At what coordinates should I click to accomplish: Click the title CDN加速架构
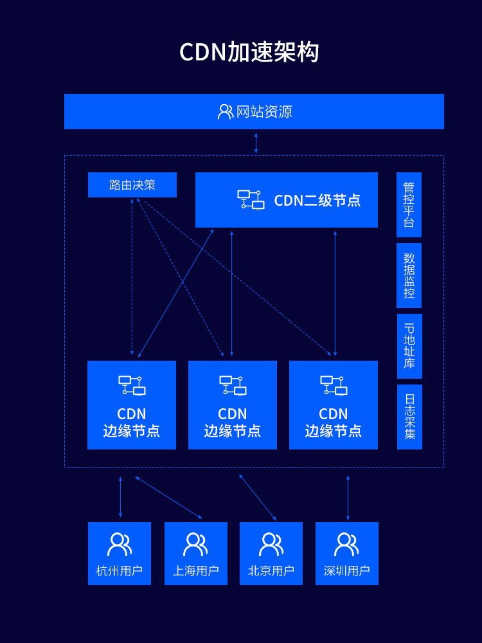[249, 53]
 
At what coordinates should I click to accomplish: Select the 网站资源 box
[254, 112]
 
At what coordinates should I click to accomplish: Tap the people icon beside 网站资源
[225, 112]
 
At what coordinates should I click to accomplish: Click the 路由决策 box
[132, 185]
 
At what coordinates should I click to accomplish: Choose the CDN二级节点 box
[287, 200]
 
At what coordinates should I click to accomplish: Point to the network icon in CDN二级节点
[251, 199]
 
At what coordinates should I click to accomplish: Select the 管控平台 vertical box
[409, 204]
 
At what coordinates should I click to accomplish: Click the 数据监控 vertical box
[409, 275]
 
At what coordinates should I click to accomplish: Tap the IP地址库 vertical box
[409, 346]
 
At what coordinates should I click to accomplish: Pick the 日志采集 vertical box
[409, 417]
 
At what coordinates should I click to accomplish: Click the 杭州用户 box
[120, 554]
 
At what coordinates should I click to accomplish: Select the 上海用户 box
[196, 554]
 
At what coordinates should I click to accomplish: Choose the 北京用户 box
[271, 554]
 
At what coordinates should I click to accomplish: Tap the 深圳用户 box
[347, 554]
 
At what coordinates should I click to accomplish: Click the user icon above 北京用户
[271, 544]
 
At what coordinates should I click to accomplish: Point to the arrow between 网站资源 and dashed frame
[256, 143]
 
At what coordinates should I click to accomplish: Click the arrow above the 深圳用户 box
[348, 497]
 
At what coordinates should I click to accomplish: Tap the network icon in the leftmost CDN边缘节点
[132, 385]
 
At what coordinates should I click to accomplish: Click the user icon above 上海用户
[195, 544]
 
